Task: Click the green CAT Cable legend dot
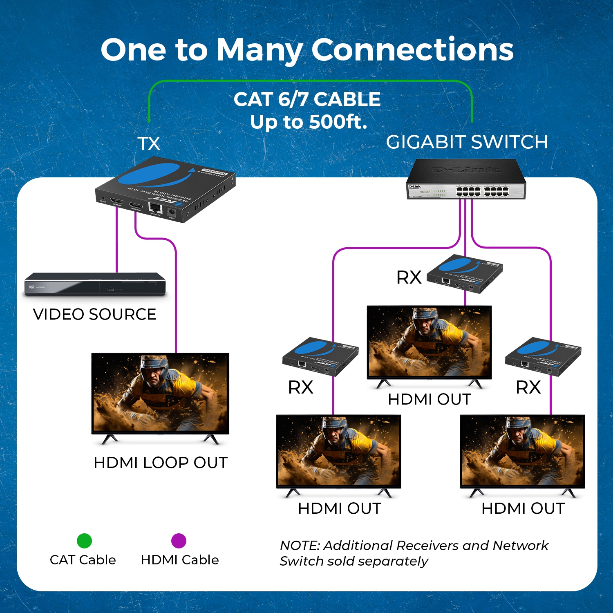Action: tap(84, 541)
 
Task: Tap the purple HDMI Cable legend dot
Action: tap(179, 541)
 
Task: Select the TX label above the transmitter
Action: tap(149, 144)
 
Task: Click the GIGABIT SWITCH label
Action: tap(467, 142)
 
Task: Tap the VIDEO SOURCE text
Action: tap(94, 314)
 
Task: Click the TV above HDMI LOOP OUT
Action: tap(160, 393)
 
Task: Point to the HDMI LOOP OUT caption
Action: tap(160, 463)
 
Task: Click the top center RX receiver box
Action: tap(465, 273)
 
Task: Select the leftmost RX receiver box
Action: tap(320, 356)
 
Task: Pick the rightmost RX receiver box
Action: tap(543, 356)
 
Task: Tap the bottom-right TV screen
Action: tap(522, 451)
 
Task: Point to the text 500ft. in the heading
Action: tap(338, 122)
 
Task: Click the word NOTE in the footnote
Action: tap(300, 546)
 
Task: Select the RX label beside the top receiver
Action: tap(409, 277)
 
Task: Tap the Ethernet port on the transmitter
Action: tap(155, 208)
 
